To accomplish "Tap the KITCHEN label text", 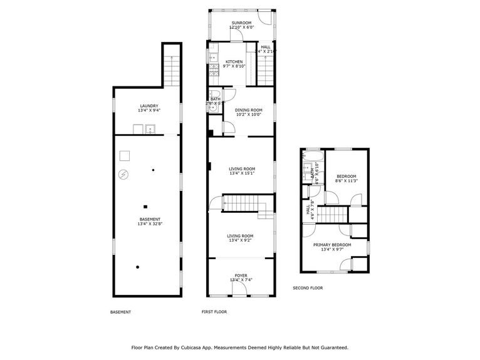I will click(x=234, y=62).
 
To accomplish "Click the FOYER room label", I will click(x=241, y=275).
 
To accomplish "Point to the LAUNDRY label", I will click(x=149, y=106).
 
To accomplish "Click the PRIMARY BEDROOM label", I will click(x=336, y=245).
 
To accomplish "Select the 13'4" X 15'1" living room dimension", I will click(x=241, y=173).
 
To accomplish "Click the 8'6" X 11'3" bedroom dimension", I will click(x=346, y=182).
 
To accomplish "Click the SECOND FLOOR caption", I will click(x=308, y=288).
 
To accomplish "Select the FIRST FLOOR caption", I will click(x=214, y=312).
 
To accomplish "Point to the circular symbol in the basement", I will click(x=124, y=174).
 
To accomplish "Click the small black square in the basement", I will click(x=145, y=207).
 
